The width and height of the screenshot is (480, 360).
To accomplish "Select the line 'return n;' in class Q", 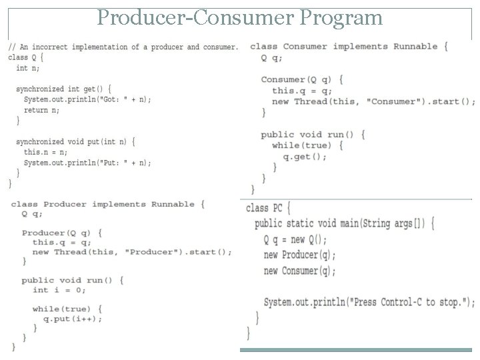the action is [x=41, y=110].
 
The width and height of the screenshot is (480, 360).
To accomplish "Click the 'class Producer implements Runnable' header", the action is [x=103, y=204].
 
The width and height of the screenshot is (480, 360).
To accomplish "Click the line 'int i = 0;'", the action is [x=59, y=290].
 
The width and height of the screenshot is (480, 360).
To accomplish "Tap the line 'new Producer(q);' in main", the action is [x=299, y=255].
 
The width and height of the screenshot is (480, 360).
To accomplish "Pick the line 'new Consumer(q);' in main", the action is [x=299, y=271].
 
